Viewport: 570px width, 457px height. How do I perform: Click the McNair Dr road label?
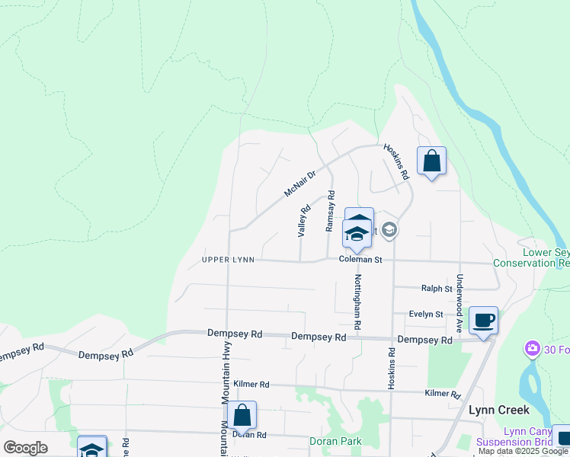(x=299, y=184)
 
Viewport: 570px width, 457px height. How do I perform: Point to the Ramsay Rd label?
(x=331, y=211)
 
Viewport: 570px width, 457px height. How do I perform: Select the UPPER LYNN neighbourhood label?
(x=227, y=260)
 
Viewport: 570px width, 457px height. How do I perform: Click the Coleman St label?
(x=360, y=260)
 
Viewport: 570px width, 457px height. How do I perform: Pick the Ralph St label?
(x=437, y=288)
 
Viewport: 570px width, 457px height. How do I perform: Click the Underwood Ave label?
(x=460, y=303)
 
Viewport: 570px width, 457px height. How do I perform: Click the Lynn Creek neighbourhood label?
(x=499, y=410)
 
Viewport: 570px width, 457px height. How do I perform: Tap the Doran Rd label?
(x=250, y=435)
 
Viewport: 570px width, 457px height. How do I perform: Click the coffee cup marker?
(x=483, y=319)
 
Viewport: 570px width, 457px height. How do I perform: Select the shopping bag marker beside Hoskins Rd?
(x=431, y=161)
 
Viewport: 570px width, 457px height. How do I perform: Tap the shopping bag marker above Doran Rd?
(x=242, y=416)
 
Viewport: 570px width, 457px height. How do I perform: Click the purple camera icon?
(x=531, y=349)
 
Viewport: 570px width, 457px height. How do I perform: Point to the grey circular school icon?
(x=389, y=229)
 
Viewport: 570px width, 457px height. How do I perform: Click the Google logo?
(x=26, y=447)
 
